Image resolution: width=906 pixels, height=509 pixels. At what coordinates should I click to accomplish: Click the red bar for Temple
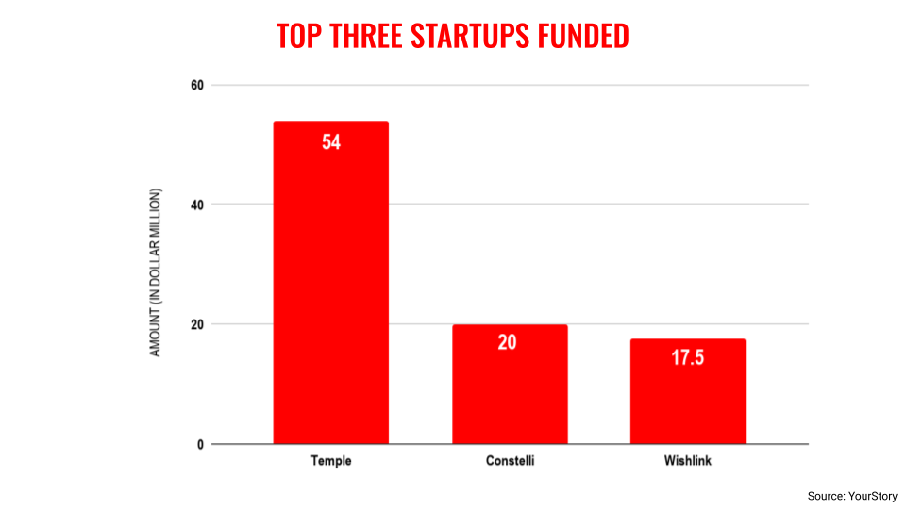coord(330,283)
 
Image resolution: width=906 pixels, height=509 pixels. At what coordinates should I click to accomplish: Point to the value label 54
coord(330,143)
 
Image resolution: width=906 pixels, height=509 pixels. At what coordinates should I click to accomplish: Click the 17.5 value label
coord(688,359)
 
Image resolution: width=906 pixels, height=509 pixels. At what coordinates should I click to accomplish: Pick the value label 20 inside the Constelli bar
coord(508,343)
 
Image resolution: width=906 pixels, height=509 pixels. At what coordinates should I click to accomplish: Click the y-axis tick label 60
coord(196,86)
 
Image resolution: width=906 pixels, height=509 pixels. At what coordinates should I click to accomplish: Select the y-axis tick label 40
coord(196,205)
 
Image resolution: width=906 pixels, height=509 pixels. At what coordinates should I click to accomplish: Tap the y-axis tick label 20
coord(196,324)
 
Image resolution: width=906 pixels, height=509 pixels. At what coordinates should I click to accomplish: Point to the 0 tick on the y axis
coord(200,444)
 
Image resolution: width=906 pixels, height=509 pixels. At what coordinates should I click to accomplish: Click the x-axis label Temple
coord(330,461)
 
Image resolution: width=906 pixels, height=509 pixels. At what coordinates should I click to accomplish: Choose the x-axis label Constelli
coord(510,461)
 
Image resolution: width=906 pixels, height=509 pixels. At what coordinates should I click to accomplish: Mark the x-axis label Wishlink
coord(688,461)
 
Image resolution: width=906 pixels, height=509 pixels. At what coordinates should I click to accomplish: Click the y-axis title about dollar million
coord(157,272)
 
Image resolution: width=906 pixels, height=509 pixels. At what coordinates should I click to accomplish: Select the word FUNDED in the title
coord(582,36)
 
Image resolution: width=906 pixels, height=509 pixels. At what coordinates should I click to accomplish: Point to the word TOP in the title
coord(297,36)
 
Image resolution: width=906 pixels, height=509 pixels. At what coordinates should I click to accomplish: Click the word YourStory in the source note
coord(872,496)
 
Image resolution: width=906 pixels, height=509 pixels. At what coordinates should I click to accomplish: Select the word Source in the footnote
coord(826,496)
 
